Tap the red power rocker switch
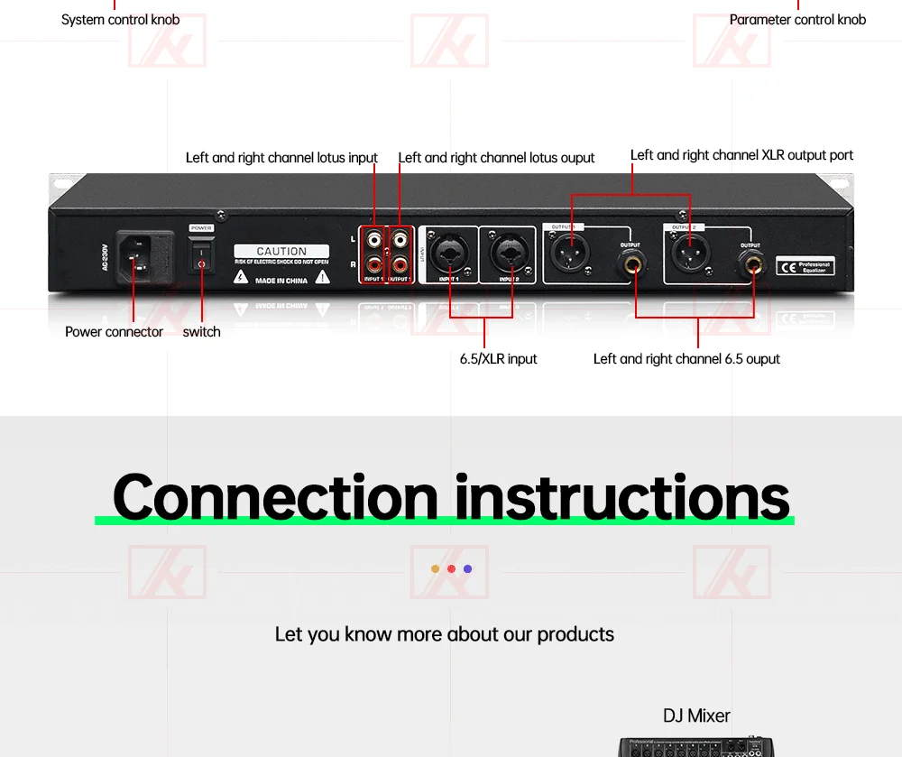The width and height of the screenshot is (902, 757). (x=201, y=256)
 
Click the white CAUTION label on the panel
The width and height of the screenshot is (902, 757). (x=281, y=252)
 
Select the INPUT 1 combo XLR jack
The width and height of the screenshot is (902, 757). (x=449, y=254)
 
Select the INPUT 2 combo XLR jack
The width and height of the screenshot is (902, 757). (x=509, y=254)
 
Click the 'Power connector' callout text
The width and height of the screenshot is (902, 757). (x=114, y=332)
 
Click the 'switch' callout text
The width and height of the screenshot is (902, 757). (x=201, y=332)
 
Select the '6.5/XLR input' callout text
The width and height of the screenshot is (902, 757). (x=498, y=359)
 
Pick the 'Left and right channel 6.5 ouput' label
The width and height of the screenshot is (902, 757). (x=686, y=359)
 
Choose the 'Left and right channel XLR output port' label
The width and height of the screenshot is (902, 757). (x=741, y=155)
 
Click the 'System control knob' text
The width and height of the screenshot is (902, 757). (x=120, y=20)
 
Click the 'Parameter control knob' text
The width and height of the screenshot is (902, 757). (x=797, y=20)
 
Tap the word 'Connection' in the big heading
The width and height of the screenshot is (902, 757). (x=275, y=497)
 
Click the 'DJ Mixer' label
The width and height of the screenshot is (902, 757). (x=696, y=716)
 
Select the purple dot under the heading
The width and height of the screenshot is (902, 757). (x=467, y=568)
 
